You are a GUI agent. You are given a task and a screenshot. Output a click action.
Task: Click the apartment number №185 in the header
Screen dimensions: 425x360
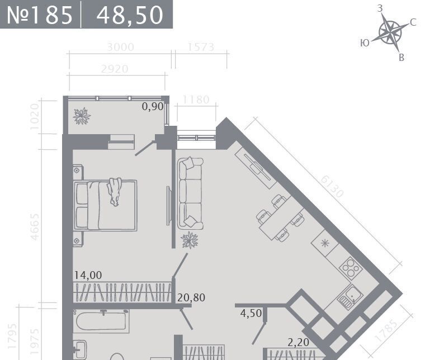tap(40, 15)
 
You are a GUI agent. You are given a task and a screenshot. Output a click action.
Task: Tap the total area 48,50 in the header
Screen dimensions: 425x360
tap(130, 16)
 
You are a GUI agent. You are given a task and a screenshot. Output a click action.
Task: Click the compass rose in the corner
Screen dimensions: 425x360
tap(390, 32)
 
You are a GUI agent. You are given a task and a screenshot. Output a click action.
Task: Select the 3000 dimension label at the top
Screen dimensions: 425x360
tap(120, 47)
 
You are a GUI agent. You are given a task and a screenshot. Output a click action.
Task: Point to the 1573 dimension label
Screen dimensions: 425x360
tap(201, 47)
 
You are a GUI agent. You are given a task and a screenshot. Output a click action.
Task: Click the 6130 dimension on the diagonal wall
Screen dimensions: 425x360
tap(332, 187)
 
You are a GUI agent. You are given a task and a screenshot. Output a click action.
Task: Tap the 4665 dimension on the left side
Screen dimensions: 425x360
tap(35, 227)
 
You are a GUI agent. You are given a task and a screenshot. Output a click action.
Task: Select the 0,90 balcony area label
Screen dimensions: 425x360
tap(153, 106)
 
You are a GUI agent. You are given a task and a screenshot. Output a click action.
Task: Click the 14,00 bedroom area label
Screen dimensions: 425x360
tap(88, 275)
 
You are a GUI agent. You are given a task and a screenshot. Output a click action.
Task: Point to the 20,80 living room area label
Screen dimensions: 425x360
tap(191, 298)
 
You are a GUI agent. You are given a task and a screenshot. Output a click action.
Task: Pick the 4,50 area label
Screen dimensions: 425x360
tap(251, 314)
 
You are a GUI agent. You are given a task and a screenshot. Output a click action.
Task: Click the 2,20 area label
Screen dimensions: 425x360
tap(298, 343)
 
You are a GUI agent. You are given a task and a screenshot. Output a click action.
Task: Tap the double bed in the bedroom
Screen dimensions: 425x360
tap(105, 206)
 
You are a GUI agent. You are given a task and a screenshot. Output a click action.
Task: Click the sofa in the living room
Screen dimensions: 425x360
tap(190, 193)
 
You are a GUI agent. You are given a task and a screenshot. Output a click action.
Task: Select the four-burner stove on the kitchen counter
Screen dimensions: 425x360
tap(351, 268)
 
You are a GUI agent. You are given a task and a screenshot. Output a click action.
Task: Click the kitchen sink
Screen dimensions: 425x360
tap(350, 297)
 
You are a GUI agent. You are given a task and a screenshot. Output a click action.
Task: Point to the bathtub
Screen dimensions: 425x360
tap(101, 321)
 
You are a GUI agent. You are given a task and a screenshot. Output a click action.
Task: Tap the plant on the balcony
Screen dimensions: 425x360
tap(82, 116)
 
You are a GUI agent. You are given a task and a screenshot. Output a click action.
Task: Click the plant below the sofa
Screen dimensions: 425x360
tap(190, 240)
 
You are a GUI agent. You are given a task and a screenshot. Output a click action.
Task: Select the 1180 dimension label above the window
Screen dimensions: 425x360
tap(196, 100)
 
